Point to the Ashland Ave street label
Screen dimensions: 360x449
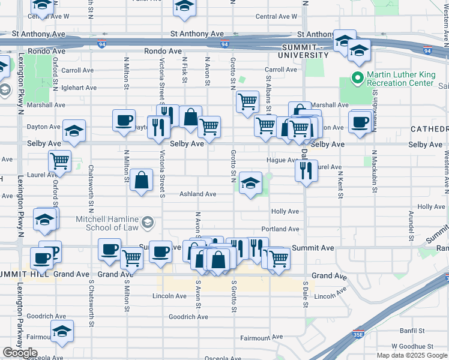[x=197, y=194]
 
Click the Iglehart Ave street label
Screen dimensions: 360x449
[x=79, y=88]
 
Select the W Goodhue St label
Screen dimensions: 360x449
[x=411, y=346]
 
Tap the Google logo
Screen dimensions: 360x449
[x=20, y=353]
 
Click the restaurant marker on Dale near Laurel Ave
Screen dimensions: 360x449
[x=306, y=171]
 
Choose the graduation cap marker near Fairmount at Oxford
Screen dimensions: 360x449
[x=62, y=331]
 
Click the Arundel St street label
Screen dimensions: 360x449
[x=411, y=223]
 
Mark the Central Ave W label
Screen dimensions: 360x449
[x=276, y=16]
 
